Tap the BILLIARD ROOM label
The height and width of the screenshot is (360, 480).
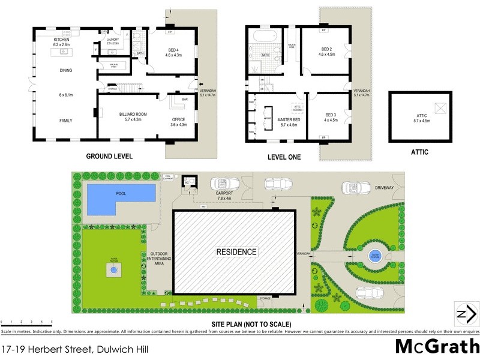[x=125, y=113]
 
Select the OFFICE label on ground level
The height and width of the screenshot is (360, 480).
[x=179, y=119]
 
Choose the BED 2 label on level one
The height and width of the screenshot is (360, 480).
[x=326, y=49]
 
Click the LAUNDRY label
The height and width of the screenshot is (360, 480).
[x=113, y=39]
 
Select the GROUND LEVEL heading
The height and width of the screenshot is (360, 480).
[x=109, y=156]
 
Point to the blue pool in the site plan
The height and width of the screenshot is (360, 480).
[x=118, y=197]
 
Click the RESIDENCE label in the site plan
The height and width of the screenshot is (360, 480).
[x=236, y=252]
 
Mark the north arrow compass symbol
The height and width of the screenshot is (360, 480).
[x=465, y=315]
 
